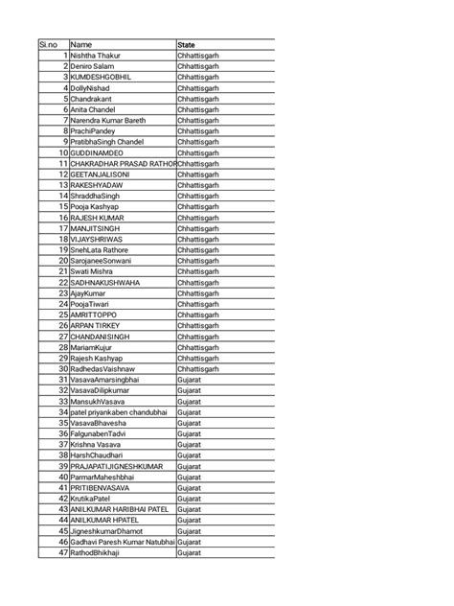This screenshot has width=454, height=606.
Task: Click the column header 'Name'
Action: (x=81, y=44)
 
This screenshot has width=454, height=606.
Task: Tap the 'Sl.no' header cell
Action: (x=49, y=44)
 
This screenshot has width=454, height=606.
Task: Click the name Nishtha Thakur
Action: (x=96, y=56)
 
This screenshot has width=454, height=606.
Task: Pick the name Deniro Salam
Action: (x=93, y=66)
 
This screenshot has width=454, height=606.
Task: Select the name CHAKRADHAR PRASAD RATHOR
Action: (x=123, y=163)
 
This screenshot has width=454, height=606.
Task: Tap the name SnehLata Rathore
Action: (x=100, y=249)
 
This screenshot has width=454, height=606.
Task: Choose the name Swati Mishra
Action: (x=93, y=271)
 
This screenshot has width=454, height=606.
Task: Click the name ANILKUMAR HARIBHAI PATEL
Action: (x=120, y=509)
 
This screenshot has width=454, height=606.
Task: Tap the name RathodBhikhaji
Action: (x=96, y=552)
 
